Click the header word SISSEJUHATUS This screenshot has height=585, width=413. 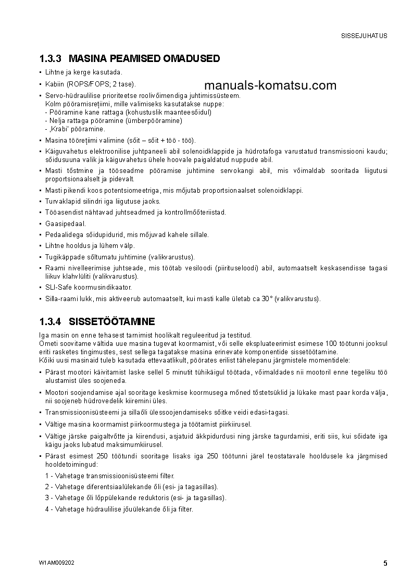[x=364, y=36]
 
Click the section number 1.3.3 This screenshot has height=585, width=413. [x=51, y=58]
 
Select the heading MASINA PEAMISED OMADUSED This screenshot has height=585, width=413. [x=144, y=58]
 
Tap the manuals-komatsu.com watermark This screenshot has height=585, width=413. [x=270, y=85]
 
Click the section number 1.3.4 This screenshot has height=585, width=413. [x=51, y=321]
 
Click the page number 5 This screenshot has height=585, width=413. [x=385, y=563]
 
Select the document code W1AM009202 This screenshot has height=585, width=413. [x=56, y=563]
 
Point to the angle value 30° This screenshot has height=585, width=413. [x=267, y=298]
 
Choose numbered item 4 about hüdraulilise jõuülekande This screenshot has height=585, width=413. [x=119, y=509]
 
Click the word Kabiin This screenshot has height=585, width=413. [x=54, y=84]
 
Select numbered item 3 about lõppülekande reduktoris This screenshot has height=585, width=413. [x=135, y=497]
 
